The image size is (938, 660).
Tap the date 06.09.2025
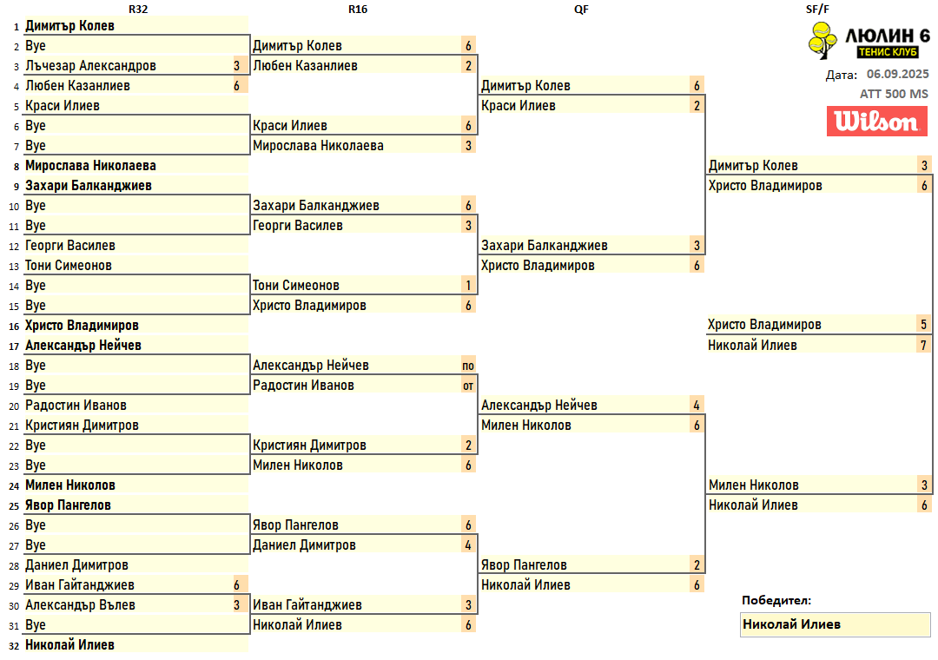[x=897, y=75]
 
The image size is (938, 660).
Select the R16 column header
[x=357, y=9]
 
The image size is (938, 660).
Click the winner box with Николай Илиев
[x=834, y=624]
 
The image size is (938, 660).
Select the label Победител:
[x=776, y=600]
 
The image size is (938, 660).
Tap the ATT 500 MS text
[x=894, y=94]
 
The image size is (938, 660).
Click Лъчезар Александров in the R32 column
[x=90, y=66]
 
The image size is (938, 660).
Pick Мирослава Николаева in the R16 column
[x=318, y=146]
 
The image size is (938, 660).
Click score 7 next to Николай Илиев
[x=924, y=346]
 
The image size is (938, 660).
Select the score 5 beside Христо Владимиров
[x=924, y=325]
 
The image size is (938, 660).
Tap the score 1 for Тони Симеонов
[x=468, y=286]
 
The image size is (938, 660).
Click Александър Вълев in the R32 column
[x=80, y=605]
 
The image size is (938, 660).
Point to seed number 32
[x=13, y=646]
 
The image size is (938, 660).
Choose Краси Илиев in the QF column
[x=518, y=106]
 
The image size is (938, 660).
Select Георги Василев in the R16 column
[x=297, y=226]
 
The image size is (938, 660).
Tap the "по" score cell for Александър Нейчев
[x=468, y=366]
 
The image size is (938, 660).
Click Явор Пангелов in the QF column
[x=524, y=565]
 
